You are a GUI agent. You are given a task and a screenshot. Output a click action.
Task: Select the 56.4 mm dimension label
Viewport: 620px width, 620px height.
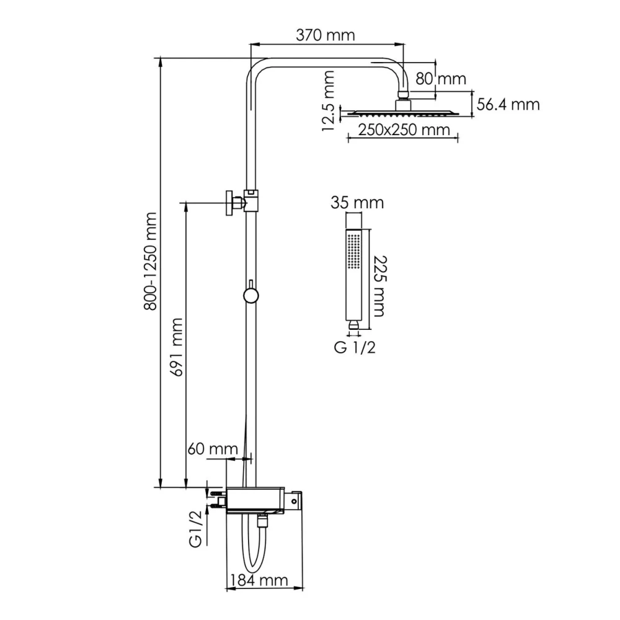pyautogui.click(x=508, y=104)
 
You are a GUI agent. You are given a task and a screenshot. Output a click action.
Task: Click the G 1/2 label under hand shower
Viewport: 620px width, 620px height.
pyautogui.click(x=355, y=348)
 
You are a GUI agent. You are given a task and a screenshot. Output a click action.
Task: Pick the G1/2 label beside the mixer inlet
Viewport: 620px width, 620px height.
pyautogui.click(x=195, y=528)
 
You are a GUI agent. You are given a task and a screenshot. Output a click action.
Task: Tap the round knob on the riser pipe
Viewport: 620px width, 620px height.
pyautogui.click(x=250, y=294)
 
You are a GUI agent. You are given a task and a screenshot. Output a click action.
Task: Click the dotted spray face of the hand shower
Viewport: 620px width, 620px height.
pyautogui.click(x=354, y=252)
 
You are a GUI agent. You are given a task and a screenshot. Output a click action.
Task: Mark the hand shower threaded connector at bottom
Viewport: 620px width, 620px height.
pyautogui.click(x=353, y=324)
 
